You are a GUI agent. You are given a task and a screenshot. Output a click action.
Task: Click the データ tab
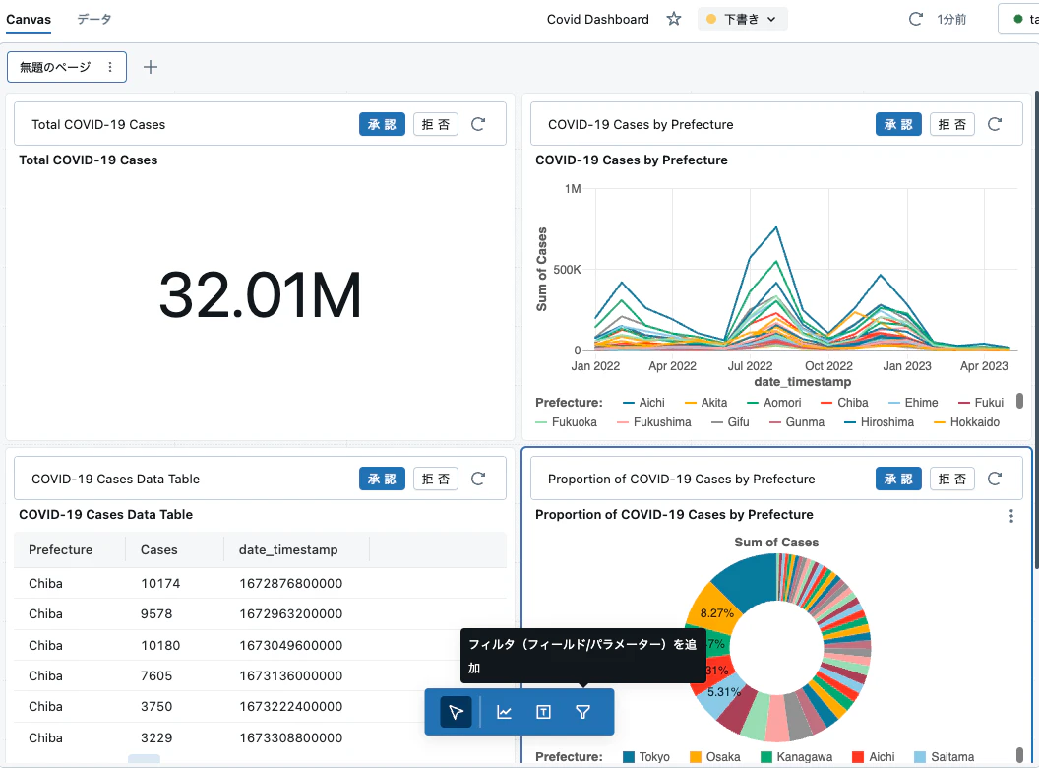pyautogui.click(x=94, y=20)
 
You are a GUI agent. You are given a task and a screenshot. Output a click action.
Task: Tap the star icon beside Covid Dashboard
pyautogui.click(x=674, y=19)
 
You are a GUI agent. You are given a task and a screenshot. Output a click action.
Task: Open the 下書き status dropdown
pyautogui.click(x=742, y=20)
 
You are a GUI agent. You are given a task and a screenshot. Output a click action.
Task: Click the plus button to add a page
pyautogui.click(x=151, y=67)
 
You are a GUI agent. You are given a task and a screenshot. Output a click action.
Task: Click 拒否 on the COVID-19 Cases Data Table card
pyautogui.click(x=435, y=479)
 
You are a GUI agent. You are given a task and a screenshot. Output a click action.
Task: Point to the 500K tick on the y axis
pyautogui.click(x=567, y=269)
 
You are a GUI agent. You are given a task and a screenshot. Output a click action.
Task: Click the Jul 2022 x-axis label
pyautogui.click(x=750, y=366)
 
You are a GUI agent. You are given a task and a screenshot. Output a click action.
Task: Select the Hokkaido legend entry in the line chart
pyautogui.click(x=966, y=422)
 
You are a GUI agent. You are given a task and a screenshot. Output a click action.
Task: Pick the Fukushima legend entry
pyautogui.click(x=654, y=422)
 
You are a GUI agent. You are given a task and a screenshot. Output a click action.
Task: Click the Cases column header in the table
pyautogui.click(x=159, y=549)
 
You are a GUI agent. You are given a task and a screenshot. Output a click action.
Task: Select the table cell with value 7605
pyautogui.click(x=156, y=675)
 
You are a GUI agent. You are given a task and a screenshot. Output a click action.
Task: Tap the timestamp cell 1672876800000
pyautogui.click(x=291, y=584)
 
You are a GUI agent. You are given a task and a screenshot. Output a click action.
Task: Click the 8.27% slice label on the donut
pyautogui.click(x=717, y=613)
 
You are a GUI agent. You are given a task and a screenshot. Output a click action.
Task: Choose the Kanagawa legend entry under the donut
pyautogui.click(x=797, y=757)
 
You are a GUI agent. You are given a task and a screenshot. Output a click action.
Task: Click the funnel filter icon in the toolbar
pyautogui.click(x=583, y=712)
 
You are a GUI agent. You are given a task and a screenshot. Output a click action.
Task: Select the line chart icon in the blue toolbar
pyautogui.click(x=505, y=712)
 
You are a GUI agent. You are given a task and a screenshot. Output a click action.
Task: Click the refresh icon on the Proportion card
pyautogui.click(x=995, y=479)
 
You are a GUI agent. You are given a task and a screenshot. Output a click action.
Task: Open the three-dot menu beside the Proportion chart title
pyautogui.click(x=1011, y=516)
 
